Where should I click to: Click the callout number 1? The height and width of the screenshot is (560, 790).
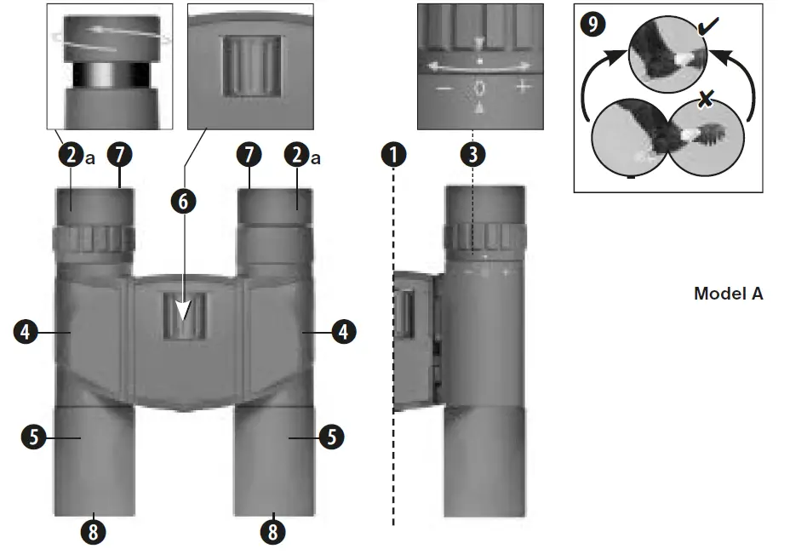pyautogui.click(x=393, y=156)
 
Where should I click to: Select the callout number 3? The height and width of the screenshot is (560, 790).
pyautogui.click(x=472, y=156)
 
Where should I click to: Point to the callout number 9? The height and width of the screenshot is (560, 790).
pyautogui.click(x=594, y=22)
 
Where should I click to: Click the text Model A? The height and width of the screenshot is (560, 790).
pyautogui.click(x=728, y=294)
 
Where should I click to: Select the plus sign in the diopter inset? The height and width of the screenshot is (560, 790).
pyautogui.click(x=522, y=87)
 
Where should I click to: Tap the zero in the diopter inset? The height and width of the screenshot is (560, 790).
pyautogui.click(x=480, y=87)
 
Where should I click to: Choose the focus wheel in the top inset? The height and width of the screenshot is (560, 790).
pyautogui.click(x=251, y=65)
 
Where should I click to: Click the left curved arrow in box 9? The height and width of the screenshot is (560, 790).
pyautogui.click(x=592, y=88)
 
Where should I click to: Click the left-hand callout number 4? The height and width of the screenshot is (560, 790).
pyautogui.click(x=26, y=332)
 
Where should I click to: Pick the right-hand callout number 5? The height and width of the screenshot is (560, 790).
pyautogui.click(x=331, y=437)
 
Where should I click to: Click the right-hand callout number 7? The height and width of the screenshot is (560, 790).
pyautogui.click(x=249, y=156)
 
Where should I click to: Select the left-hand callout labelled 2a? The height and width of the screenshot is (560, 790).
pyautogui.click(x=74, y=156)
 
